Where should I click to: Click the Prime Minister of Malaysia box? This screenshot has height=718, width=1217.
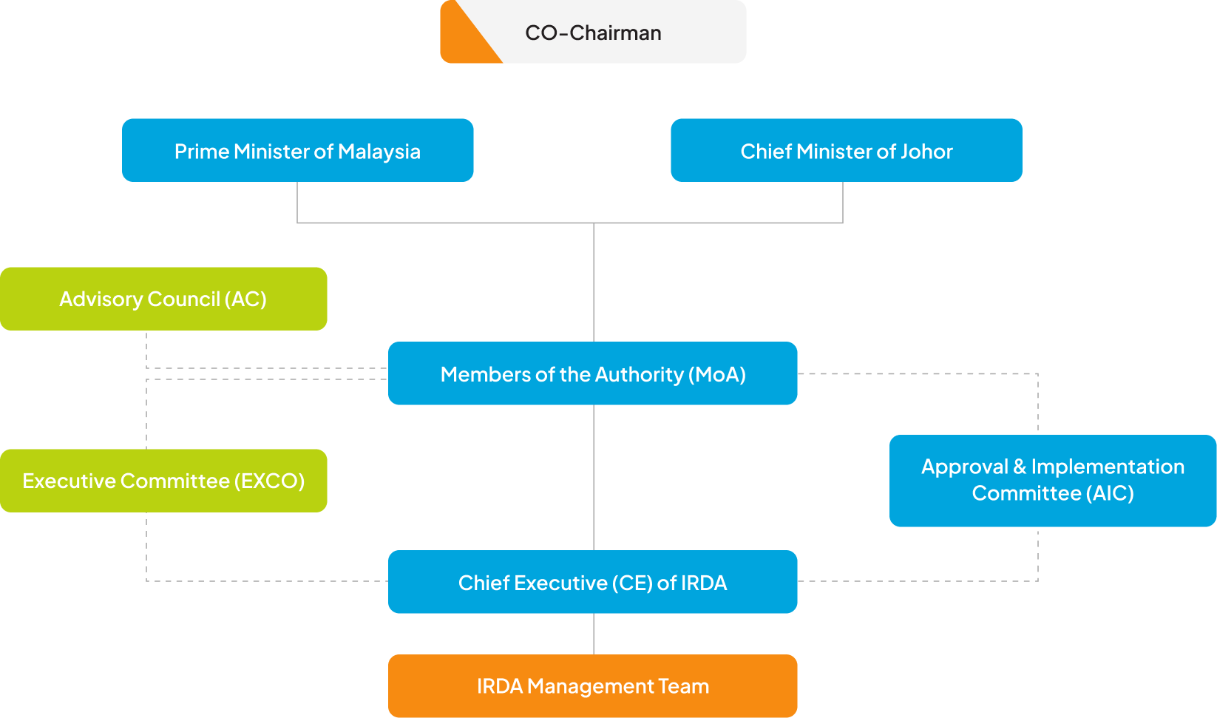click(x=297, y=150)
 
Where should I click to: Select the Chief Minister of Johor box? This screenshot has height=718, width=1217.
click(x=846, y=150)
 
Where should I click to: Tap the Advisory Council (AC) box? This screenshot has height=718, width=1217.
click(x=163, y=299)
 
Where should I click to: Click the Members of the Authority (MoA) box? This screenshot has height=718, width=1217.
click(x=592, y=373)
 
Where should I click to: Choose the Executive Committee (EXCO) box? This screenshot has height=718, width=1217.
click(x=163, y=481)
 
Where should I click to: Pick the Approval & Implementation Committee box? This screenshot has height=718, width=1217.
click(x=1052, y=481)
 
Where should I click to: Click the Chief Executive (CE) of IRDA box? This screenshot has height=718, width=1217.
click(x=592, y=582)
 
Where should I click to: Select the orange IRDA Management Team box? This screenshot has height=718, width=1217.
click(x=592, y=685)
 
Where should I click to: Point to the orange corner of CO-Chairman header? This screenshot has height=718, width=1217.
click(x=462, y=41)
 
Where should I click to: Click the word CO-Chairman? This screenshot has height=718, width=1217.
click(x=593, y=33)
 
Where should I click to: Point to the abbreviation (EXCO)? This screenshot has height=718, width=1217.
click(x=269, y=481)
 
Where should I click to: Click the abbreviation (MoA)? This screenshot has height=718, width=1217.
click(x=716, y=374)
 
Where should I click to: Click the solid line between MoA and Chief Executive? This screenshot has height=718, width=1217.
click(x=594, y=477)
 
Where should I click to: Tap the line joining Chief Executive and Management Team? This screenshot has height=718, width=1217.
click(x=594, y=634)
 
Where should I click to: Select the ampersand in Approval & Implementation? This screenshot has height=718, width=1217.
click(x=1020, y=467)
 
